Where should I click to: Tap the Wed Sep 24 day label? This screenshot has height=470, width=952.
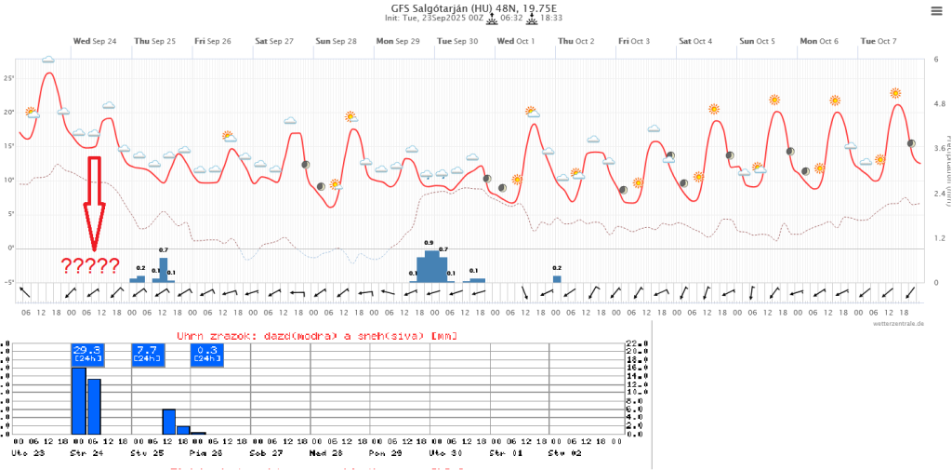pos(95,41)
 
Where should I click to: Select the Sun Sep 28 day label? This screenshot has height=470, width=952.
pos(336,41)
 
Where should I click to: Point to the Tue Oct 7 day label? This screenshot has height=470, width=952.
pos(879,41)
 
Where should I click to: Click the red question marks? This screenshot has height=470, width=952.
pos(90,267)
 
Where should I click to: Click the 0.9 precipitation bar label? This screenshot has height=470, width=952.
pos(429,242)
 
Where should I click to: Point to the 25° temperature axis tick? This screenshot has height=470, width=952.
pos(8,78)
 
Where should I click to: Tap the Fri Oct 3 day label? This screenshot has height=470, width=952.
pos(635,41)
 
